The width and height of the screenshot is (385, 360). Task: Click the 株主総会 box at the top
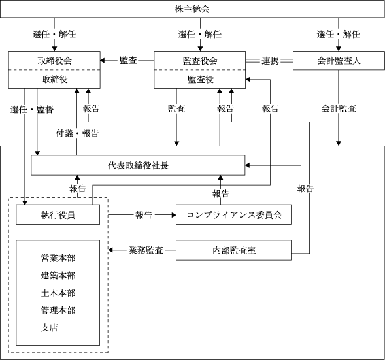tap(192, 9)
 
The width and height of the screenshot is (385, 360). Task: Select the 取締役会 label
tap(54, 61)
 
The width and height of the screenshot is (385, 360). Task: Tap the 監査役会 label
tap(200, 61)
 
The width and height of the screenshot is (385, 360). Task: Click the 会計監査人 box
tap(339, 60)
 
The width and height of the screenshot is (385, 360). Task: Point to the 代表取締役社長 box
tap(138, 165)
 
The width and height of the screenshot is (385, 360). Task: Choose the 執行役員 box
tap(58, 214)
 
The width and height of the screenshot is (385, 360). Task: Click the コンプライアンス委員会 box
tap(234, 214)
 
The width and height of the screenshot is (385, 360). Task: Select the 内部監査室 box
tap(234, 250)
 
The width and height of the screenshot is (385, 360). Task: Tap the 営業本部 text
tap(58, 258)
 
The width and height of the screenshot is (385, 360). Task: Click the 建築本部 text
tap(58, 275)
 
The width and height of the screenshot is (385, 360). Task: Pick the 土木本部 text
tap(58, 293)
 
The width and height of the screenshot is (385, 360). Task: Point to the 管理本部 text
tap(58, 310)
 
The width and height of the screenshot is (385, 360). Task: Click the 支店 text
tap(50, 327)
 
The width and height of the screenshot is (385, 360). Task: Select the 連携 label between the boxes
tap(270, 61)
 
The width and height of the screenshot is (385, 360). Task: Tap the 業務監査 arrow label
tap(146, 250)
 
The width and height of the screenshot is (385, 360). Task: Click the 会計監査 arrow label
tap(339, 108)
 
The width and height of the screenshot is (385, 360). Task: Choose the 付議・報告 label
tap(77, 133)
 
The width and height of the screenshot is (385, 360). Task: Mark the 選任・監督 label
tap(32, 110)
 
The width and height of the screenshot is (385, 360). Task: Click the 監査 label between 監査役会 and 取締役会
tap(128, 61)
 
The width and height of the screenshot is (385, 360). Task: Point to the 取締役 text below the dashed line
tap(54, 79)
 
